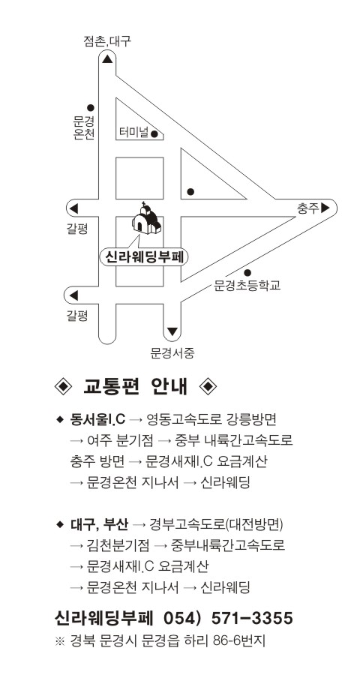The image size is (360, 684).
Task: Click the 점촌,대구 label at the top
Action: [x=107, y=41]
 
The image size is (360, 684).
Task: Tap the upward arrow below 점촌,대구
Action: [x=107, y=58]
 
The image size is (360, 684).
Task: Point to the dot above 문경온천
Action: [x=90, y=108]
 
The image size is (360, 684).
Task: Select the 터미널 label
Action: [x=134, y=133]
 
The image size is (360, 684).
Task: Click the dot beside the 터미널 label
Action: [x=154, y=134]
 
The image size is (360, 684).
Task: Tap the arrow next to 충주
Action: [x=325, y=208]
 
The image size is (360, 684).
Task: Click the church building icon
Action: [x=146, y=220]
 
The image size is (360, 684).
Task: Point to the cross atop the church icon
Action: [x=143, y=204]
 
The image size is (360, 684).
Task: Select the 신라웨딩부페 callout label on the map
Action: [x=144, y=256]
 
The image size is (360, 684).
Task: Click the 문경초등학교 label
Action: [x=247, y=286]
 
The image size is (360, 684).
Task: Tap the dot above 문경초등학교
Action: [x=247, y=273]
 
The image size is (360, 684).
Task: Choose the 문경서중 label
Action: [x=172, y=353]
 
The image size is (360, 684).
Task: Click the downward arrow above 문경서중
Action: [x=172, y=331]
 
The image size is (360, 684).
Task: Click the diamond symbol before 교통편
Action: [x=63, y=386]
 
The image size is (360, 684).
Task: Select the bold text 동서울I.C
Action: [x=97, y=420]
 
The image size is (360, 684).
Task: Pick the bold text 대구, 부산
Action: [x=99, y=524]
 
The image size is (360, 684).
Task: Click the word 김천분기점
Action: [x=118, y=545]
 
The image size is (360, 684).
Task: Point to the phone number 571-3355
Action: [x=252, y=618]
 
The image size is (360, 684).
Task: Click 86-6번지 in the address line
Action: [x=239, y=640]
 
